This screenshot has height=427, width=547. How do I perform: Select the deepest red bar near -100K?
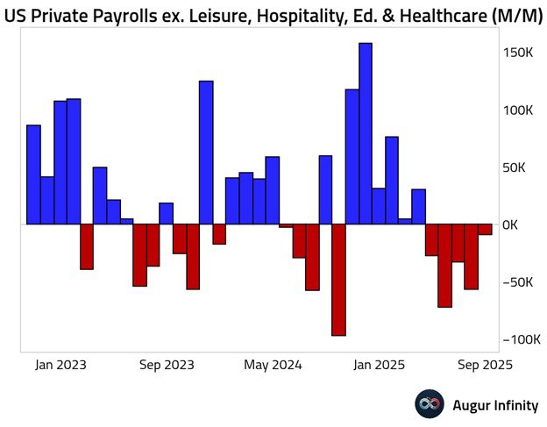338,280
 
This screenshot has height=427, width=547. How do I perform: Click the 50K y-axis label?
518,167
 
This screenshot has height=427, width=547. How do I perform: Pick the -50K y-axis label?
516,282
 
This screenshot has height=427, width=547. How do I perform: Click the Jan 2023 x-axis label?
60,365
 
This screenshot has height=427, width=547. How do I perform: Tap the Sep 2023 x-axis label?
167,365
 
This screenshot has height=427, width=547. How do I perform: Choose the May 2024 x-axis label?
273,365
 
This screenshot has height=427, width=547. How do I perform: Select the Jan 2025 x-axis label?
378,365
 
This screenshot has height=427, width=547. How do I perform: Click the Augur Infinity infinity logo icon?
430,404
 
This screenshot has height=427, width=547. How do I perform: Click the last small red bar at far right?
485,229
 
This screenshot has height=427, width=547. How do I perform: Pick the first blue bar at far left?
33,174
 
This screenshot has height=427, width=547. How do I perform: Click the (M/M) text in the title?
508,15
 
